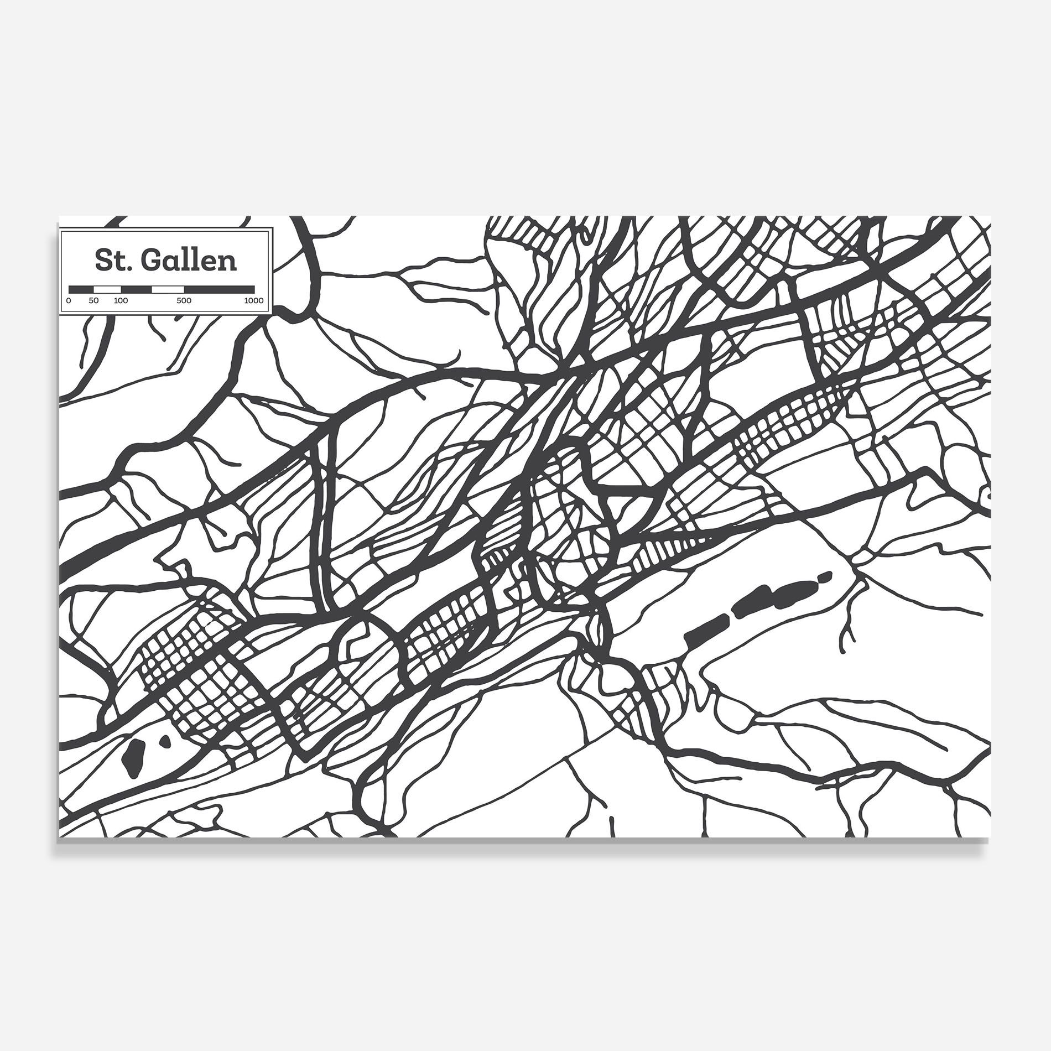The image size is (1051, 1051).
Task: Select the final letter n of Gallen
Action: coord(228,262)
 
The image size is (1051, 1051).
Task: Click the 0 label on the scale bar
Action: coord(68,301)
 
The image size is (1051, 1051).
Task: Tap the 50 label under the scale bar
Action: coord(93,301)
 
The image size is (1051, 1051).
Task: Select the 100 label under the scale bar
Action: coord(121,301)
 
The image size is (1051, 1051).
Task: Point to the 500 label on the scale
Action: coord(184,301)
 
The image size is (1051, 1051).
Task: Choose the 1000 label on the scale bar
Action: coord(254,301)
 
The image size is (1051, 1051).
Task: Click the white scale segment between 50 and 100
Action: coord(107,289)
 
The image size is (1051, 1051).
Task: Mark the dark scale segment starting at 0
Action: coord(81,289)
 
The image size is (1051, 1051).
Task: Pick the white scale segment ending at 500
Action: coord(168,289)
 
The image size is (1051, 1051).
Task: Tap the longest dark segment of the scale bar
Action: coord(219,289)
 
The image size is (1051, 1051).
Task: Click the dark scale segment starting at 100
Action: coord(136,289)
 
